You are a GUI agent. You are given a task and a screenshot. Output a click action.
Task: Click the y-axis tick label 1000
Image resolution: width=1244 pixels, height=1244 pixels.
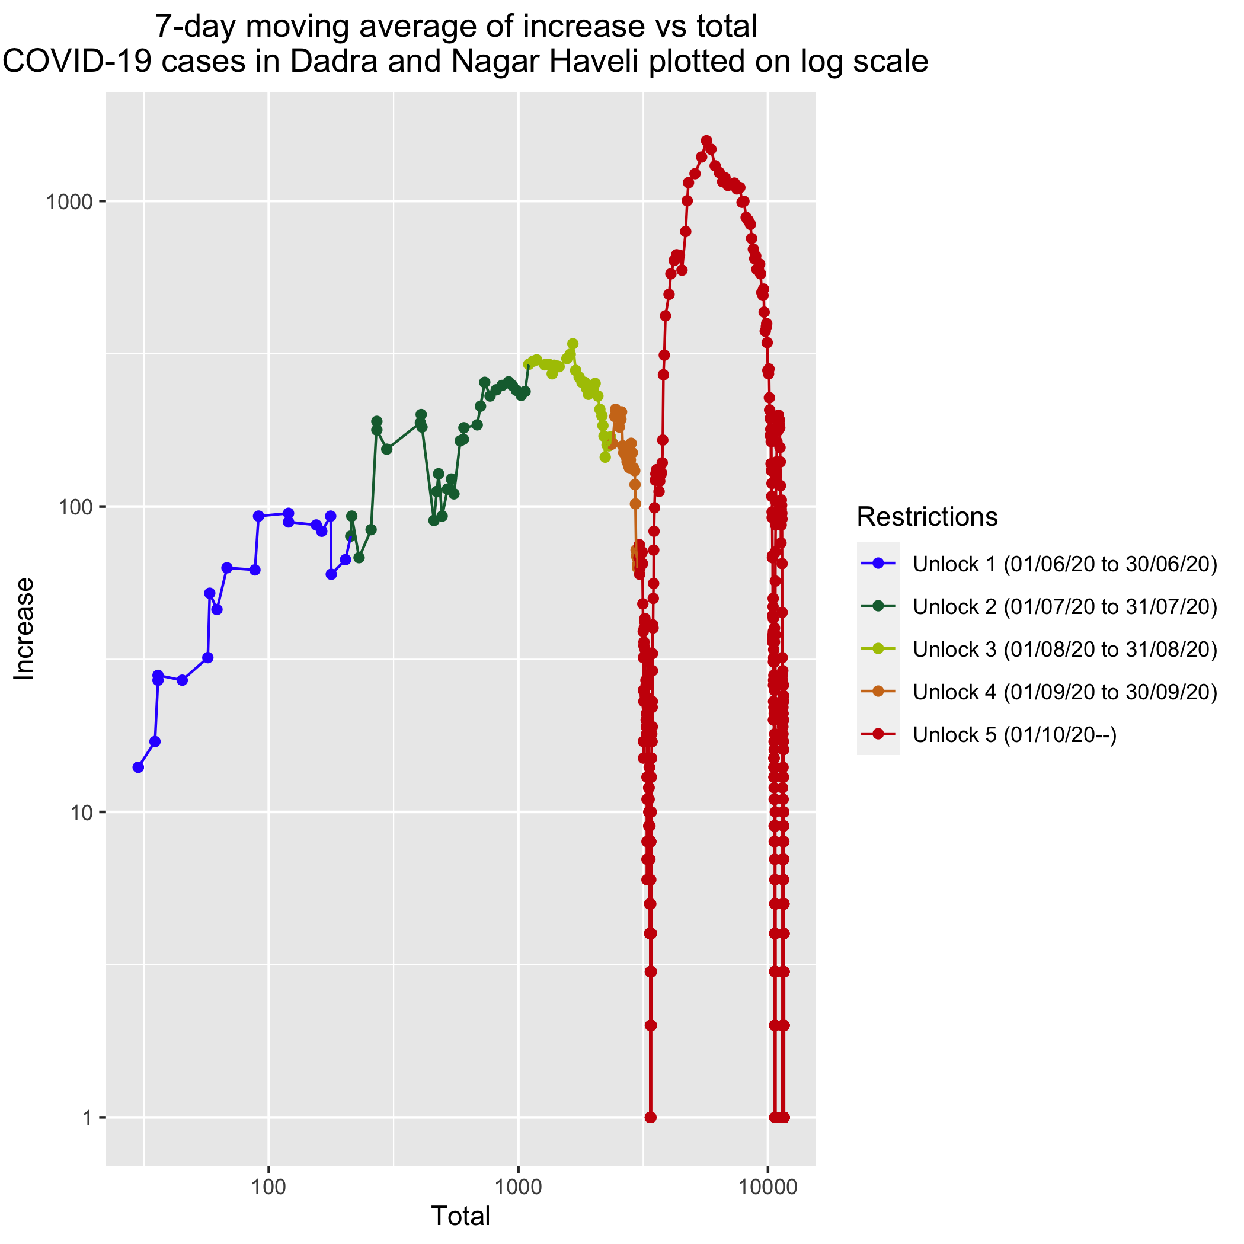point(66,202)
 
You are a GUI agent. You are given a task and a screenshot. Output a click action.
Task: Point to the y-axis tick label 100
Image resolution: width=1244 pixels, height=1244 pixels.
point(72,507)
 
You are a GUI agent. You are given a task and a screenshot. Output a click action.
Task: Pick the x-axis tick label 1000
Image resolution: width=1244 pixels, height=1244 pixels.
point(519,1186)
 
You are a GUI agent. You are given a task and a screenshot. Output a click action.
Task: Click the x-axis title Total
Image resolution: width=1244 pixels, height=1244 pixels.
point(460,1216)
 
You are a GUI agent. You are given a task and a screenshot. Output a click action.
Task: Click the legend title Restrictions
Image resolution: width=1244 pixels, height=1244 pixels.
point(927,516)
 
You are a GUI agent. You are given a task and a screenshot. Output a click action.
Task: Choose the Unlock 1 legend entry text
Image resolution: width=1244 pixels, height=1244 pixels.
point(1065,564)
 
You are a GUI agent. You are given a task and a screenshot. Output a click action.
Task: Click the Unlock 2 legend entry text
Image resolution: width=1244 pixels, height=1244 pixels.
point(1065,606)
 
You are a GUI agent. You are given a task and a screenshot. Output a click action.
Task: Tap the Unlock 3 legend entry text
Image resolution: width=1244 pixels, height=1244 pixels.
point(1065,649)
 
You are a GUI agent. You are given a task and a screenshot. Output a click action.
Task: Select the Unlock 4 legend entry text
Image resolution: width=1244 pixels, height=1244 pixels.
point(1065,692)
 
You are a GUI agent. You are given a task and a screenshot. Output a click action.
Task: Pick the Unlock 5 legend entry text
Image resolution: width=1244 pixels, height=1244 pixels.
point(1015,735)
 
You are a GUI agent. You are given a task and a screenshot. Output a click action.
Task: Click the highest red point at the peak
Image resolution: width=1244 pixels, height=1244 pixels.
point(706,140)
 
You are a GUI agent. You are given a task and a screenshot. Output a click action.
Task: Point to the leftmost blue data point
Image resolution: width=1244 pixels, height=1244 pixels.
point(137,767)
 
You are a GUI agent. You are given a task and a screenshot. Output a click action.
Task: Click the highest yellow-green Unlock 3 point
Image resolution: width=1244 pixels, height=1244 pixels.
point(573,344)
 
